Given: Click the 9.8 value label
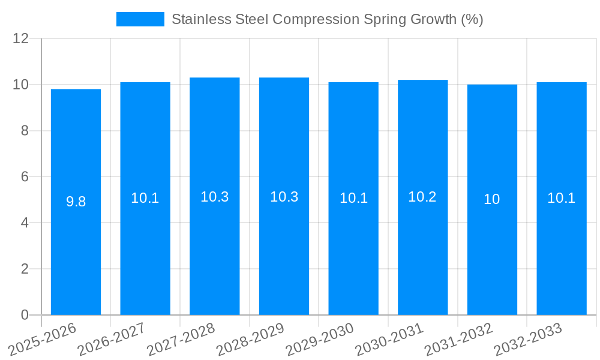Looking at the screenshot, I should pos(76,202).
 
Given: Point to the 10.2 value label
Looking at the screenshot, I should pos(422,197).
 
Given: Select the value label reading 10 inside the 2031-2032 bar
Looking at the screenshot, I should pos(492,199).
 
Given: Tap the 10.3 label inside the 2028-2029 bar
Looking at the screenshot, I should pos(284,197).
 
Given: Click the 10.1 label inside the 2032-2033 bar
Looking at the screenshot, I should pos(562,198).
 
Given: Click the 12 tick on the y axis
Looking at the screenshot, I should pos(21,39).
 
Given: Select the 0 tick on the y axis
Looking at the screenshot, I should pos(25,315).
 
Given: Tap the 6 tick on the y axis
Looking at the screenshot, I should pos(25,177).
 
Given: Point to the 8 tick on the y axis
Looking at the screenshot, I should pos(25,131).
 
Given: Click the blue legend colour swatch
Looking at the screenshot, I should pos(140,19).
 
